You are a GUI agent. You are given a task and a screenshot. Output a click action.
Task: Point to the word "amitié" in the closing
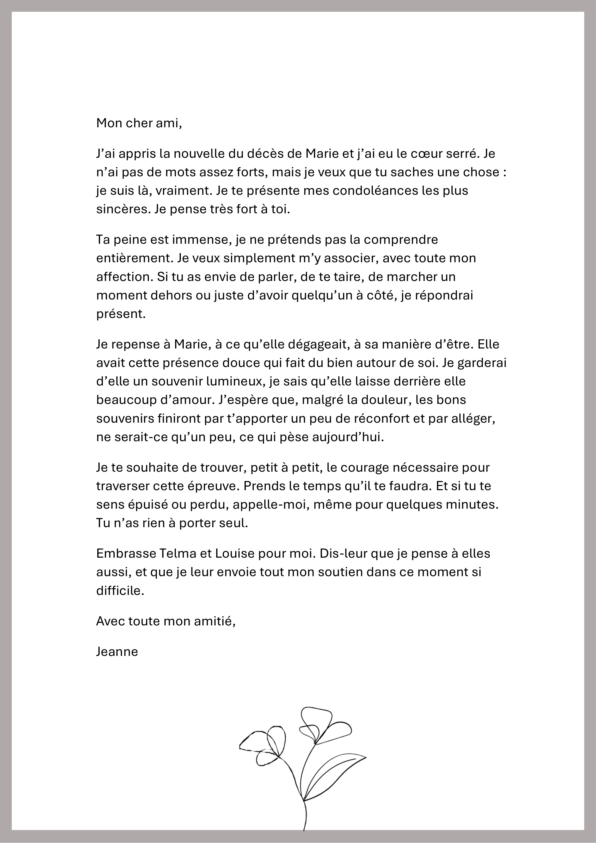pos(215,621)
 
